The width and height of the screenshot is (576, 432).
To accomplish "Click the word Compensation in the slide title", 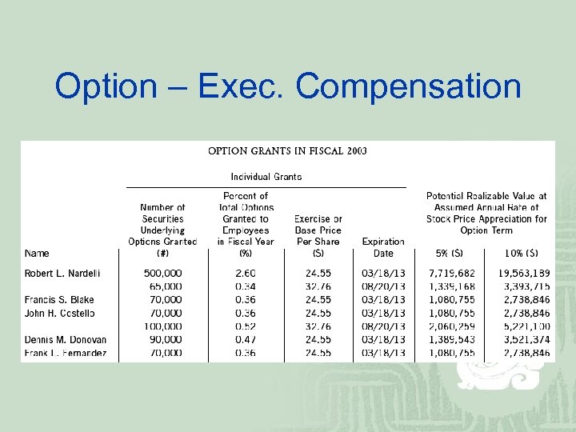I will tap(408, 86).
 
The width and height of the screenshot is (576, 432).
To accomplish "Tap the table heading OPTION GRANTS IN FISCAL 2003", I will tap(287, 150).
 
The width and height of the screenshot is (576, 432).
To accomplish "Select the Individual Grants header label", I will tap(266, 177).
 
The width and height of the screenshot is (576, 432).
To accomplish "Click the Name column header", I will tap(37, 254).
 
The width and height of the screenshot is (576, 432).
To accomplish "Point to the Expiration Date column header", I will tap(383, 247).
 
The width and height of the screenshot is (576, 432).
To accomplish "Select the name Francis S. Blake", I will tap(59, 300).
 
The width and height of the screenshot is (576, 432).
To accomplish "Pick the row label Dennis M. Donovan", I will tap(66, 340).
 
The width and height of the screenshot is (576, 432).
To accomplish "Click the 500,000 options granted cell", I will tap(162, 274).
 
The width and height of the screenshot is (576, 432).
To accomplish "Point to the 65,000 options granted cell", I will tap(165, 286).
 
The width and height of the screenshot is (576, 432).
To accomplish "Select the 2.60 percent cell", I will tap(246, 274).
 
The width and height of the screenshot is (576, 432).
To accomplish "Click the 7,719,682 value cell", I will tap(451, 274).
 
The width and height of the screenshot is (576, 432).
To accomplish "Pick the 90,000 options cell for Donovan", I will tap(165, 340).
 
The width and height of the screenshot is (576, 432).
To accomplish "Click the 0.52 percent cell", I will tap(246, 326).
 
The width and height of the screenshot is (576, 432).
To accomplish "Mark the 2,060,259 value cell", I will tap(451, 326).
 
